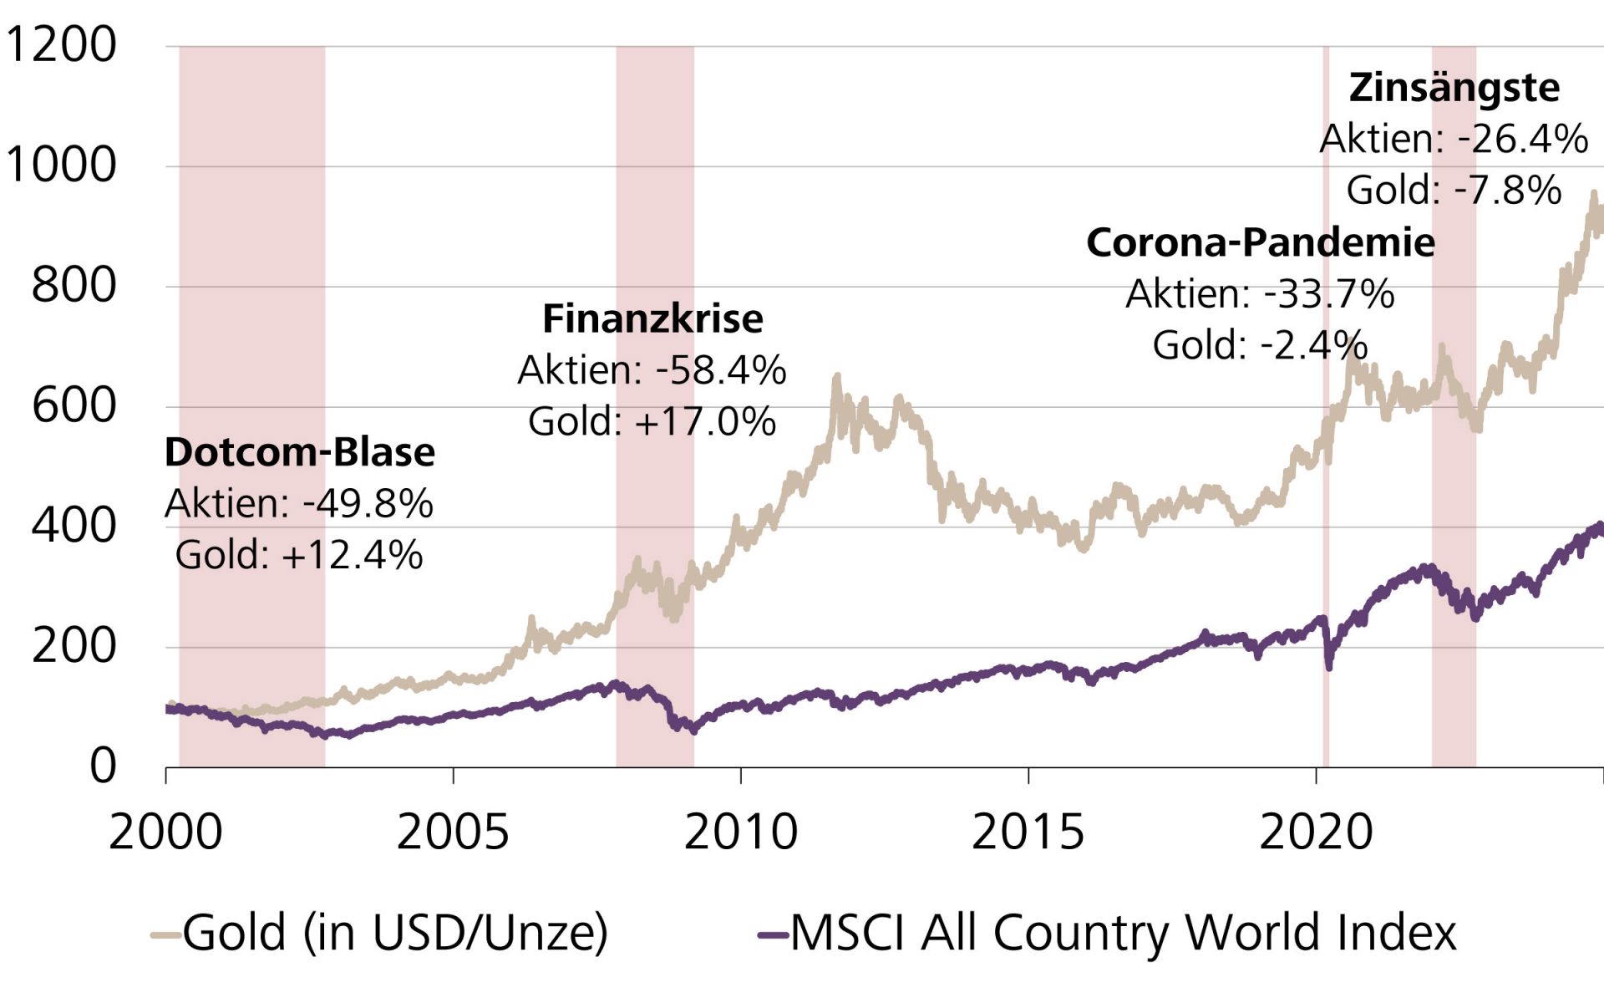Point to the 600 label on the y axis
pyautogui.click(x=74, y=406)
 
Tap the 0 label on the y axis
pyautogui.click(x=103, y=766)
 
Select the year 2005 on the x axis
pyautogui.click(x=453, y=832)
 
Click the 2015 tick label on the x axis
pyautogui.click(x=1028, y=832)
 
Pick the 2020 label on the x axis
pyautogui.click(x=1316, y=832)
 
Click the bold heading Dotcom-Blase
pyautogui.click(x=300, y=452)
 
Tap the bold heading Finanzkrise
pyautogui.click(x=652, y=318)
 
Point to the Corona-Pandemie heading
pyautogui.click(x=1260, y=242)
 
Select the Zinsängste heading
pyautogui.click(x=1454, y=88)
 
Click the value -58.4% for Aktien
pyautogui.click(x=721, y=370)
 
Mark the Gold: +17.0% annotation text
pyautogui.click(x=652, y=421)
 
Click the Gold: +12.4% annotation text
pyautogui.click(x=299, y=555)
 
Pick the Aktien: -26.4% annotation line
pyautogui.click(x=1454, y=139)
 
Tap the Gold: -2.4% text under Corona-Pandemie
pyautogui.click(x=1260, y=345)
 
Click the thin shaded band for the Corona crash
pyautogui.click(x=1326, y=585)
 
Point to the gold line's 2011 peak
pyautogui.click(x=837, y=379)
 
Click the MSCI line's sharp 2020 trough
pyautogui.click(x=1329, y=667)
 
